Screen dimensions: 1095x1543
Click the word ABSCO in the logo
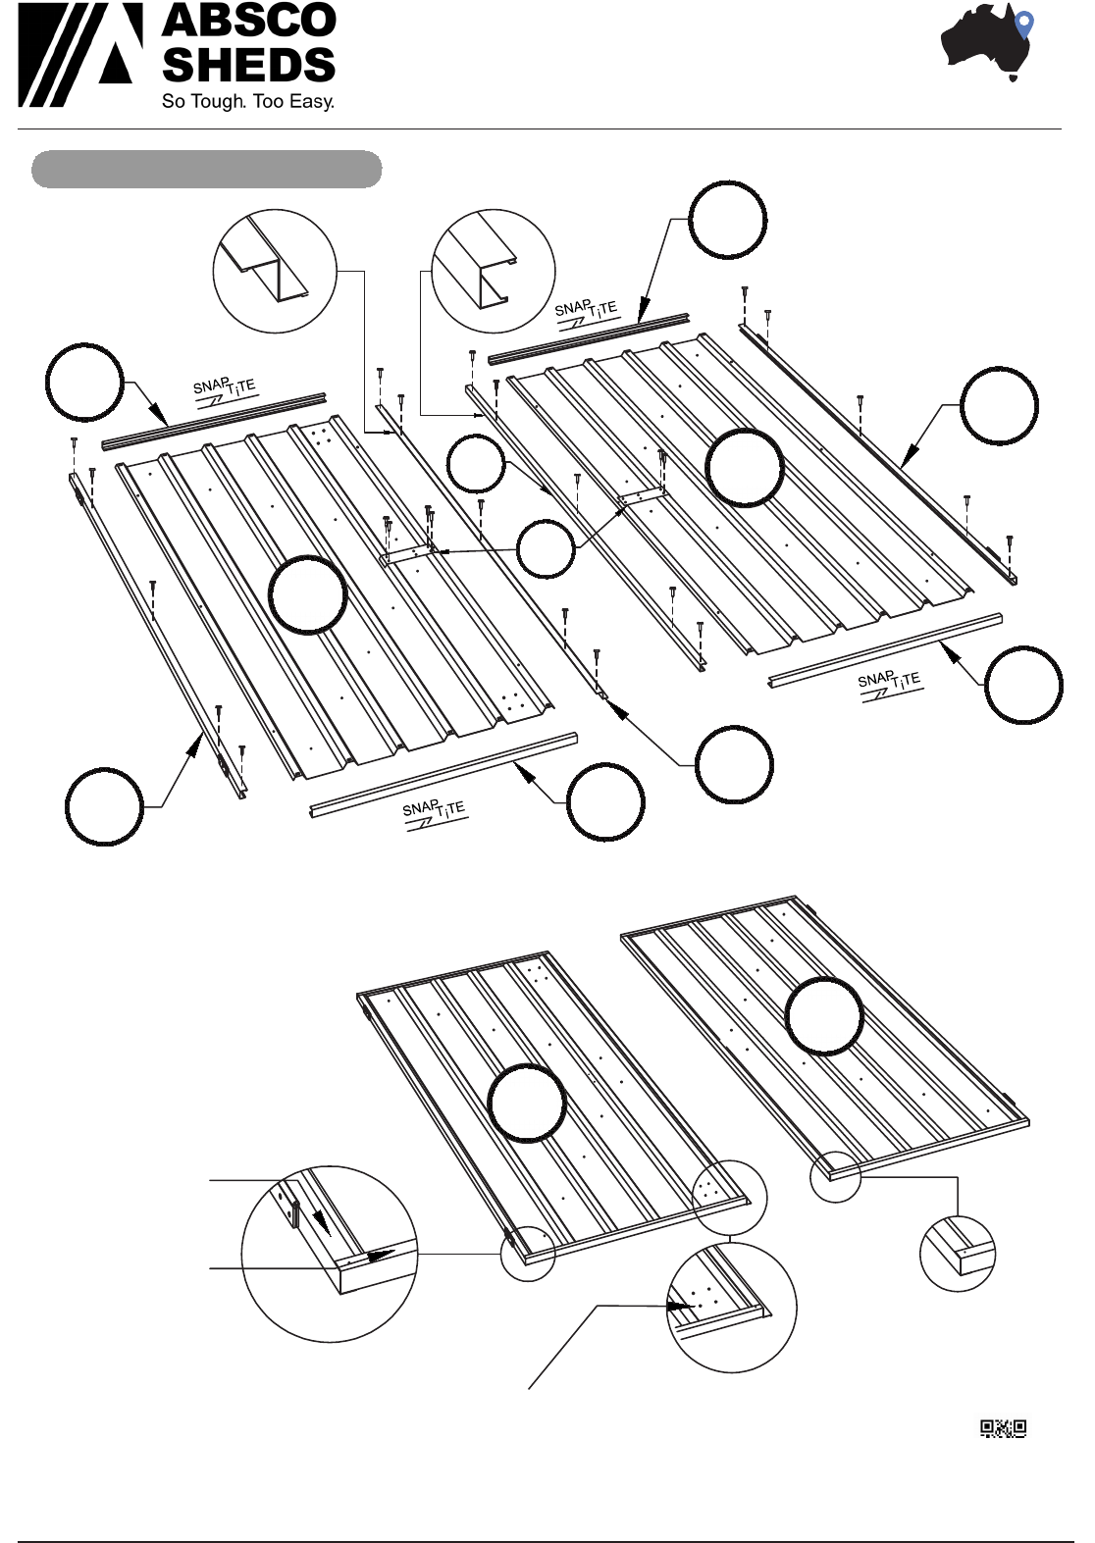click(x=249, y=20)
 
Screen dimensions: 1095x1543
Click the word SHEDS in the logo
click(x=249, y=65)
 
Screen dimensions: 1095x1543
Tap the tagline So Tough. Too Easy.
click(x=248, y=102)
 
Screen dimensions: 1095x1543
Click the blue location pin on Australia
click(x=1024, y=25)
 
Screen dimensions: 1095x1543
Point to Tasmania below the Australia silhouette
click(x=1013, y=77)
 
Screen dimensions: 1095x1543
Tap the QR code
click(x=1004, y=1428)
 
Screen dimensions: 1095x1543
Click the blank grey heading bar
click(x=207, y=169)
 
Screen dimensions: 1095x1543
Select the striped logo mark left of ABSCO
click(x=80, y=55)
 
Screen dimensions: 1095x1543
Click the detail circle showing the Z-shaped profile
click(x=275, y=272)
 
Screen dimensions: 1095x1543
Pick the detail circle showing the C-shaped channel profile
click(x=494, y=272)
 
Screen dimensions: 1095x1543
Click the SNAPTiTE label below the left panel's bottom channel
click(x=435, y=814)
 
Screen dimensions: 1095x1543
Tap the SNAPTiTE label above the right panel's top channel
click(x=587, y=314)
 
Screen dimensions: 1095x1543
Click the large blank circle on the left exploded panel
click(x=307, y=595)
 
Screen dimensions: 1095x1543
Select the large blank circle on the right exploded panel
click(x=745, y=468)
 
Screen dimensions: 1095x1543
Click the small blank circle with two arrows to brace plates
click(x=546, y=549)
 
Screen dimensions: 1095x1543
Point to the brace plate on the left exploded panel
click(x=408, y=554)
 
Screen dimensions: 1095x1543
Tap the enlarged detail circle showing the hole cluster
click(x=732, y=1309)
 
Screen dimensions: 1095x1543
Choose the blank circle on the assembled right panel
click(x=825, y=1015)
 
